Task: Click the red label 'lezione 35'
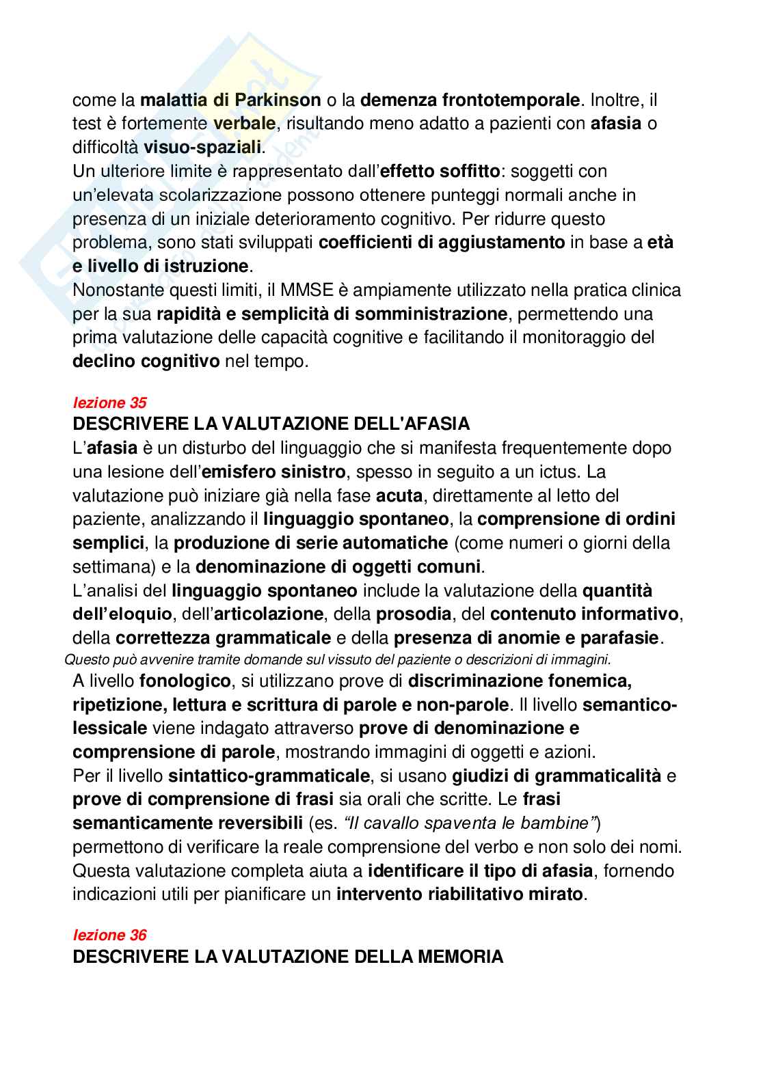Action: coord(109,402)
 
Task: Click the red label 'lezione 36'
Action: coord(109,935)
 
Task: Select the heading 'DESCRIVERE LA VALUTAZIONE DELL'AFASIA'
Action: coord(271,424)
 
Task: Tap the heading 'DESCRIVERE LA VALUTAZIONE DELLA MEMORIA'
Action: coord(288,957)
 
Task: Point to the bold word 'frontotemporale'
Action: coord(470,100)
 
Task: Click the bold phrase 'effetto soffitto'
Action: coord(438,171)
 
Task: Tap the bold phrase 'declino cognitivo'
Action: coord(146,361)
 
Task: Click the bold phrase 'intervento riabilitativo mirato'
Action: coord(461,894)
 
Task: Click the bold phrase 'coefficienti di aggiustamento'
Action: coord(442,243)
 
